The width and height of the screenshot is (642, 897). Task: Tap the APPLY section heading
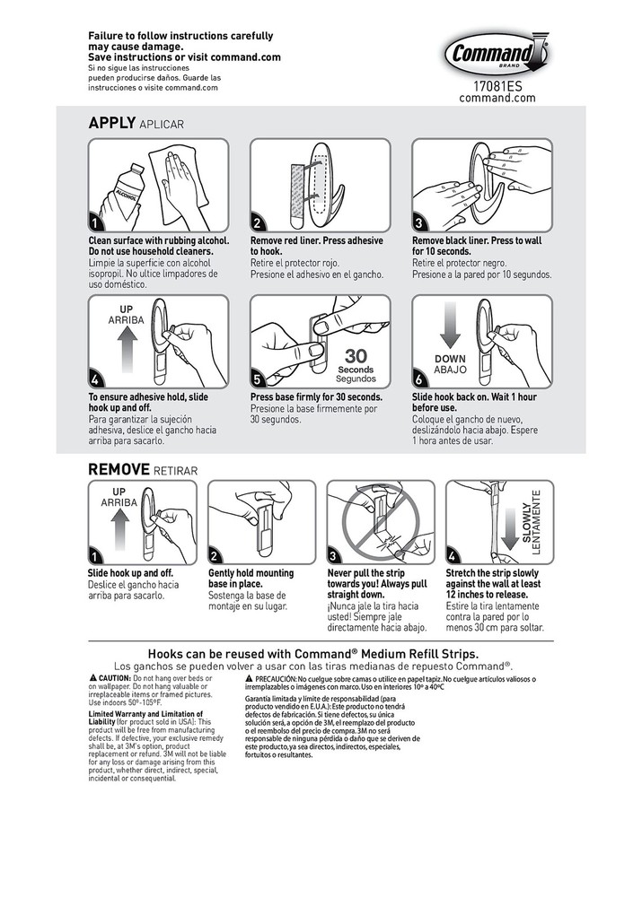[111, 123]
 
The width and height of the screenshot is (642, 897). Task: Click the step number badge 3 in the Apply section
[419, 223]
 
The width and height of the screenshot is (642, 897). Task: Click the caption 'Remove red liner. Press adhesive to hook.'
[317, 247]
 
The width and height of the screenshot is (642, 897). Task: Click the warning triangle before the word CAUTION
[92, 677]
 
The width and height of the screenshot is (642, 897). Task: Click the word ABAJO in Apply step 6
[450, 370]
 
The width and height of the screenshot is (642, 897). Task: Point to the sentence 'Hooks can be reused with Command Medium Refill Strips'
[321, 654]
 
